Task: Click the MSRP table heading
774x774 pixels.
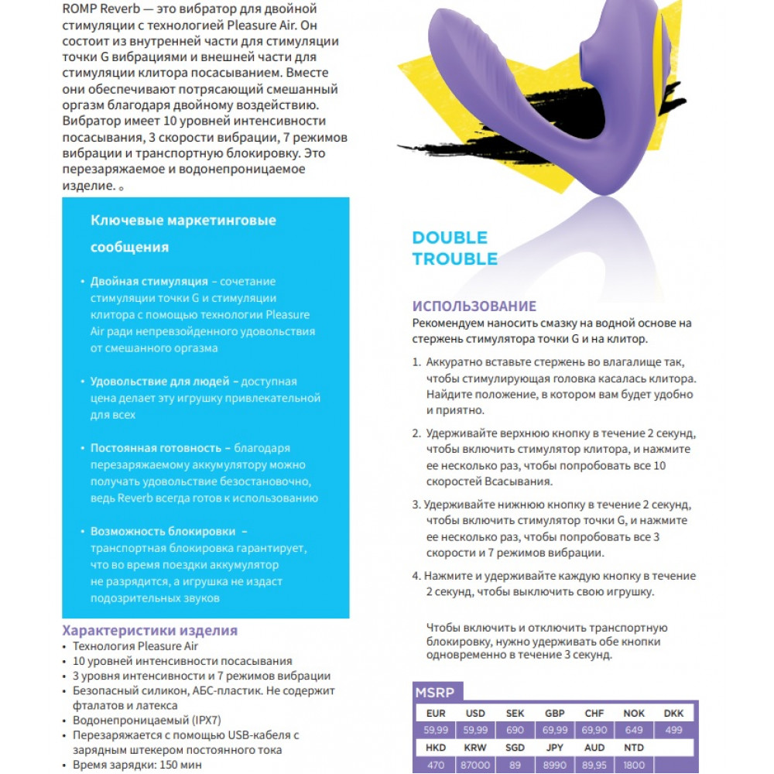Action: (434, 692)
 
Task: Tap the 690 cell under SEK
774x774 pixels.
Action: (515, 730)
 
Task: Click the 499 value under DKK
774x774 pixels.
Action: (673, 730)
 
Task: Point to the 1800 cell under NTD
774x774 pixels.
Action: (634, 765)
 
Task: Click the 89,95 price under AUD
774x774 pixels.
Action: (594, 765)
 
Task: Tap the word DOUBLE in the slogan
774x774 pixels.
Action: (450, 238)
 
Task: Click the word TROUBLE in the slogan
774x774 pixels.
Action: (455, 259)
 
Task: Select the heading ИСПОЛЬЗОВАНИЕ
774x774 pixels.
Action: (474, 307)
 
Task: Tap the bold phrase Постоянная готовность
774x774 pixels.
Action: (156, 448)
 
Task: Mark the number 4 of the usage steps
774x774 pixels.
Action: (416, 577)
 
